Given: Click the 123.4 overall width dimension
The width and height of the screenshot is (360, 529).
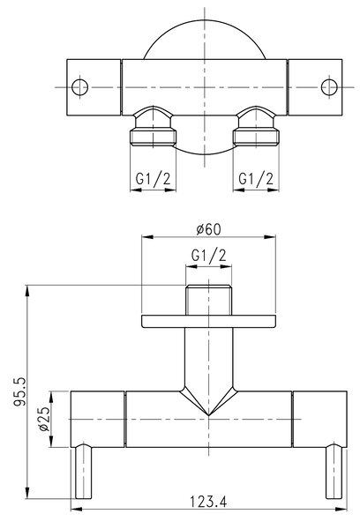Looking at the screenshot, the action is click(x=207, y=502).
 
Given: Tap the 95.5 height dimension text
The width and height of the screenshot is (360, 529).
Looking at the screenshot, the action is click(x=19, y=391).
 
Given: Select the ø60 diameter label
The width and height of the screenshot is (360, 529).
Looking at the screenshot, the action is click(x=209, y=229).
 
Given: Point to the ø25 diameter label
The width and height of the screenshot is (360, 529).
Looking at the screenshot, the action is click(x=44, y=419).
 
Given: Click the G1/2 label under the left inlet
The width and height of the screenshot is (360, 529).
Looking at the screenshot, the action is click(x=153, y=178).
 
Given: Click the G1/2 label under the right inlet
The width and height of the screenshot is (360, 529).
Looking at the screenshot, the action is click(x=256, y=178).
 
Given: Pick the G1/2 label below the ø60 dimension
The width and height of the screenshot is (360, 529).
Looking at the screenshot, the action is click(x=209, y=256).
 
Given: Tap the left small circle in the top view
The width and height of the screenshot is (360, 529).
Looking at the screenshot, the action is click(x=80, y=87).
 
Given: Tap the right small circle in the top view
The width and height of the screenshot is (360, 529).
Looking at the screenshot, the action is click(x=329, y=87).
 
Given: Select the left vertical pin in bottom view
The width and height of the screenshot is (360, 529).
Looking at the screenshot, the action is click(x=83, y=472).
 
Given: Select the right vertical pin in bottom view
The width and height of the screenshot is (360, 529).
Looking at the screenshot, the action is click(x=334, y=472).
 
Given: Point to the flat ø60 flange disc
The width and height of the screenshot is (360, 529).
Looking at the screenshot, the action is click(x=209, y=321).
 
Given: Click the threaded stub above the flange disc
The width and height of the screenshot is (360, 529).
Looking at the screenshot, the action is click(x=209, y=301).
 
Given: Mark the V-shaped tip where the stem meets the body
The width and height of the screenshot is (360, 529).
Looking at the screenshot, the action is click(x=209, y=415).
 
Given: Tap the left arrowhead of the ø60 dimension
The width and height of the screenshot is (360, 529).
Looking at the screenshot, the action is click(x=147, y=237).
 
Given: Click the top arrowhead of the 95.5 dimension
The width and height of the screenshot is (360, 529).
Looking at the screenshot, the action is click(x=27, y=291).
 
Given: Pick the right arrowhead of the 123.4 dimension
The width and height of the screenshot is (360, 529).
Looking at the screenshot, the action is click(x=341, y=509).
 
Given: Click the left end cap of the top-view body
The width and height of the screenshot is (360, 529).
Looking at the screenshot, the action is click(x=94, y=87).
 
